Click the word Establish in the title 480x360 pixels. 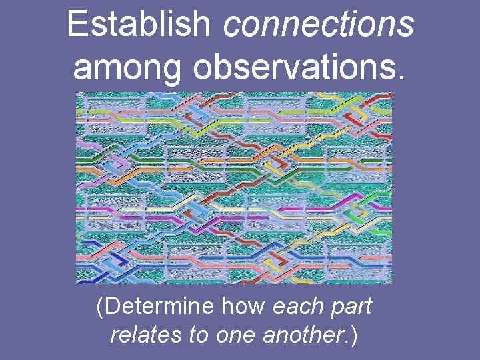coord(139,25)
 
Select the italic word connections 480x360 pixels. coord(319,25)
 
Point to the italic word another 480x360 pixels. coord(304,335)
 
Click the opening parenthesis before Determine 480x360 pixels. coord(100,308)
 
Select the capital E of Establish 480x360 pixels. coord(77,25)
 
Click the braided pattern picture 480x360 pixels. coord(233,187)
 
